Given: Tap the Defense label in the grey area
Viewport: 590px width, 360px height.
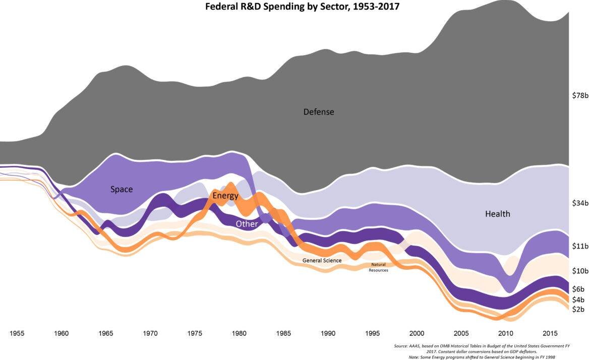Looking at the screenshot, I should click(318, 111).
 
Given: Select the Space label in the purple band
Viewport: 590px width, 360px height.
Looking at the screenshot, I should click(122, 189).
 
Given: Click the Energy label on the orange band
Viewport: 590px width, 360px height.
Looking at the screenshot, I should click(225, 196).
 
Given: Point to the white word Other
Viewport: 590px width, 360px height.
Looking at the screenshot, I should click(247, 224).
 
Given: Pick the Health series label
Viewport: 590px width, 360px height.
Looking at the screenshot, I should click(497, 214).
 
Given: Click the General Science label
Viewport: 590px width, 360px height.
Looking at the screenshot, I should click(322, 260).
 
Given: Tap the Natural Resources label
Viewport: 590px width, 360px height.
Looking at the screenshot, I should click(378, 267).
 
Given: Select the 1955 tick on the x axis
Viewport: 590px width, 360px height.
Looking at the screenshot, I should click(17, 334).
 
